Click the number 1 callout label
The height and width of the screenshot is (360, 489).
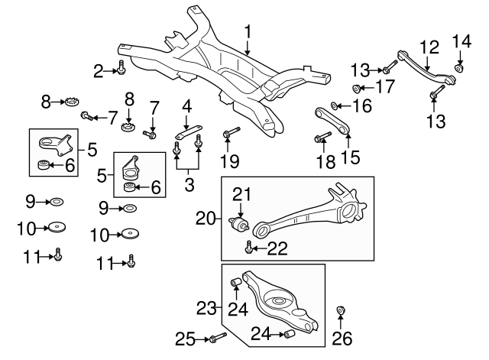point(248,33)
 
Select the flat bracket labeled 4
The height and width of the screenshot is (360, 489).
point(189,131)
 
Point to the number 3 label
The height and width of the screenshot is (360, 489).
point(189,185)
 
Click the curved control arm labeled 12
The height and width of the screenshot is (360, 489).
point(427,70)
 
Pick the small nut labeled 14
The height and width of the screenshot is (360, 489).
point(458,68)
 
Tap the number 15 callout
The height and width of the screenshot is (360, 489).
point(351,156)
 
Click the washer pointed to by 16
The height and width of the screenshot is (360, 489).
point(333,106)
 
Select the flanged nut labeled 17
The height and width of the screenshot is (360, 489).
point(356,89)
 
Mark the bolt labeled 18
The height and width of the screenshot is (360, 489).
point(322,137)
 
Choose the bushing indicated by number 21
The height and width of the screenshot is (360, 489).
point(239,224)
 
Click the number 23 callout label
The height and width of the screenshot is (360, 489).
point(206,308)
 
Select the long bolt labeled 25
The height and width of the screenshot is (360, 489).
point(218,338)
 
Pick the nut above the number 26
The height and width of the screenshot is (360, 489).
point(341,311)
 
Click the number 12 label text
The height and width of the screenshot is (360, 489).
point(429,47)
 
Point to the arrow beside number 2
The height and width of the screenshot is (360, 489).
point(110,71)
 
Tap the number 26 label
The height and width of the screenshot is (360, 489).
point(342,338)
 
